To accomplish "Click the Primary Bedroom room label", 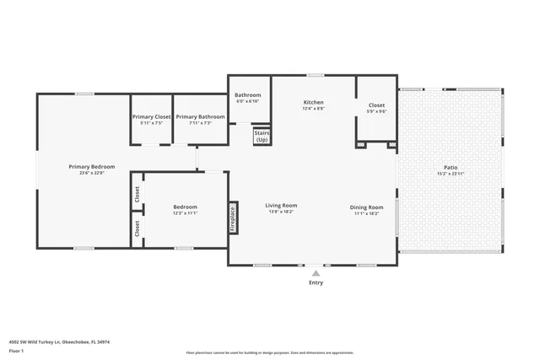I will click(91, 167).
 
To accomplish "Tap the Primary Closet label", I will click(151, 116).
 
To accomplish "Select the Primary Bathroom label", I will click(200, 116).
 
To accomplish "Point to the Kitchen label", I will click(313, 102).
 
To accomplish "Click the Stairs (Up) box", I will click(262, 136).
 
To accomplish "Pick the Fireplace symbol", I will click(233, 218).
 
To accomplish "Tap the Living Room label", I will click(281, 205).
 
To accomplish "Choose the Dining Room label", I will click(366, 207).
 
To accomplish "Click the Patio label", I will click(451, 167).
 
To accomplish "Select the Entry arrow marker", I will click(316, 273).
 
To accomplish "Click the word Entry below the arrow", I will click(316, 282).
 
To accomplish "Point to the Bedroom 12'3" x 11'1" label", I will click(185, 207).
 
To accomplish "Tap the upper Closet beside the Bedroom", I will click(137, 194).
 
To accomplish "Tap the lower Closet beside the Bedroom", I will click(137, 228).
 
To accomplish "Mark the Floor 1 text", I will click(16, 350).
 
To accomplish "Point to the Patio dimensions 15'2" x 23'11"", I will click(451, 174).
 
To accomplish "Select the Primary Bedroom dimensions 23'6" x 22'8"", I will click(91, 174).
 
